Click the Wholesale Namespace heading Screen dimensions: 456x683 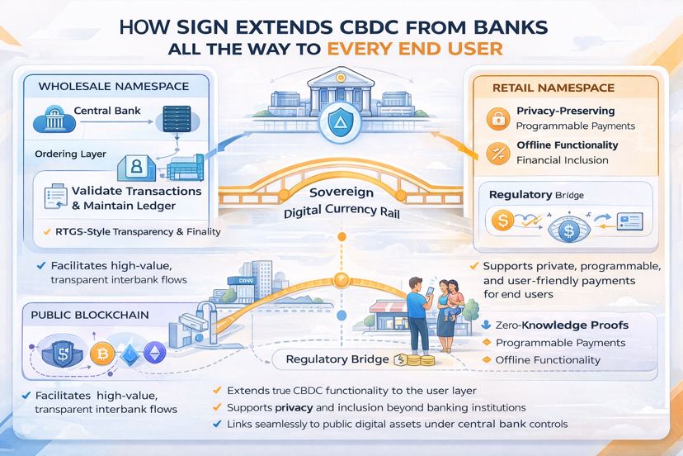click(x=114, y=86)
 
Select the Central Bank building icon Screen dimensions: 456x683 click(x=54, y=122)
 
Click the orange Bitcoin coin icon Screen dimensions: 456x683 click(x=101, y=354)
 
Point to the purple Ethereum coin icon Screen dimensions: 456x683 click(x=154, y=354)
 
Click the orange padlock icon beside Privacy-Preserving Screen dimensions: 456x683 click(x=497, y=119)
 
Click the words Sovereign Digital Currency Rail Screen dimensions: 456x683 click(x=341, y=202)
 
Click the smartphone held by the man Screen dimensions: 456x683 click(x=431, y=295)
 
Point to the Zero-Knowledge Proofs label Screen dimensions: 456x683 click(x=563, y=325)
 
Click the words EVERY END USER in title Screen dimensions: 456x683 click(x=415, y=49)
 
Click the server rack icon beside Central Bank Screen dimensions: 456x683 click(x=177, y=121)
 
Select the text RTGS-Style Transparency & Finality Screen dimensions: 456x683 click(x=138, y=232)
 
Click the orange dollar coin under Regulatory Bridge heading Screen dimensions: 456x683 click(x=502, y=221)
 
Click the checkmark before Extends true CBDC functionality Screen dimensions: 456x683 click(x=217, y=390)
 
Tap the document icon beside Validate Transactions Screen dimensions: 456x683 click(x=56, y=197)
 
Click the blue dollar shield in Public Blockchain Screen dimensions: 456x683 click(x=61, y=354)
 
